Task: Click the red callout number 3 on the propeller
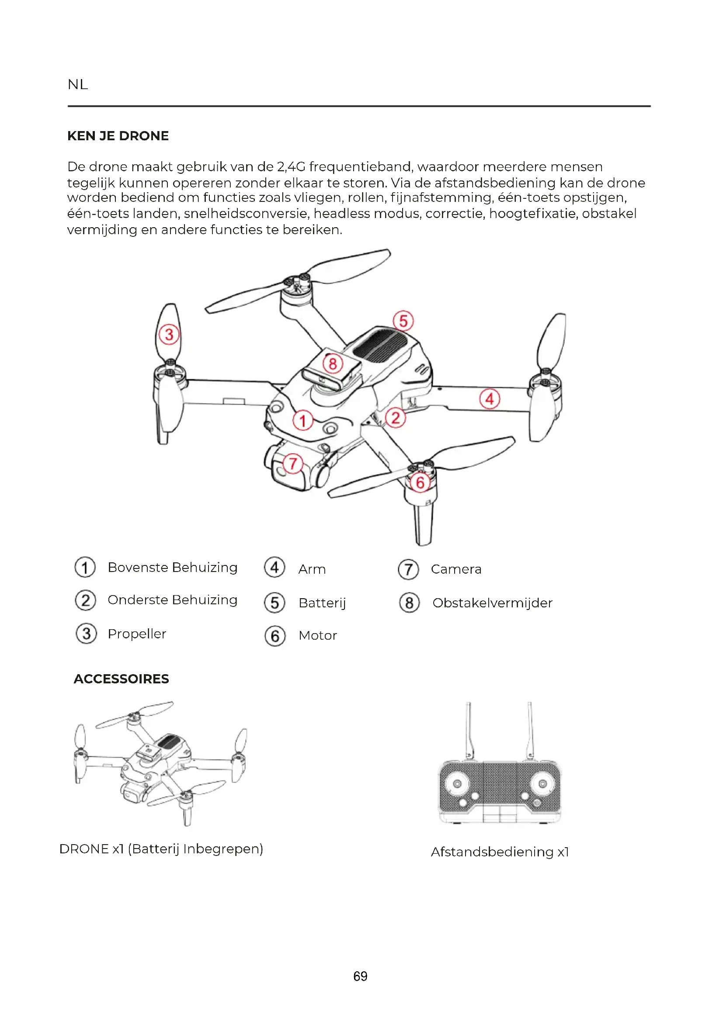pyautogui.click(x=169, y=334)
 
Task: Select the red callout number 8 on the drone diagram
pyautogui.click(x=333, y=364)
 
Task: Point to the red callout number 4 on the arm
pyautogui.click(x=490, y=399)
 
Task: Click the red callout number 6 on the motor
pyautogui.click(x=420, y=482)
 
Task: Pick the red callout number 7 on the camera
pyautogui.click(x=293, y=463)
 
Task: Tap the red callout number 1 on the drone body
pyautogui.click(x=303, y=420)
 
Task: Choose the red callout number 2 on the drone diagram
pyautogui.click(x=395, y=418)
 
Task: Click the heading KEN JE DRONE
pyautogui.click(x=118, y=136)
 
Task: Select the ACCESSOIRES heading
pyautogui.click(x=122, y=679)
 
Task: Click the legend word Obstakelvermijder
pyautogui.click(x=492, y=603)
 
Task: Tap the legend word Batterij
pyautogui.click(x=322, y=603)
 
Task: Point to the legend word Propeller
pyautogui.click(x=137, y=634)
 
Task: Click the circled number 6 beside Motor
pyautogui.click(x=275, y=636)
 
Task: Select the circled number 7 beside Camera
pyautogui.click(x=408, y=569)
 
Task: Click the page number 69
pyautogui.click(x=360, y=976)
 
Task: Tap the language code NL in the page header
pyautogui.click(x=78, y=84)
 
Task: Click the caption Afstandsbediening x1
pyautogui.click(x=500, y=852)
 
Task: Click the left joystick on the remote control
pyautogui.click(x=457, y=784)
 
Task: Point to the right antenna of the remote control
pyautogui.click(x=530, y=730)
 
